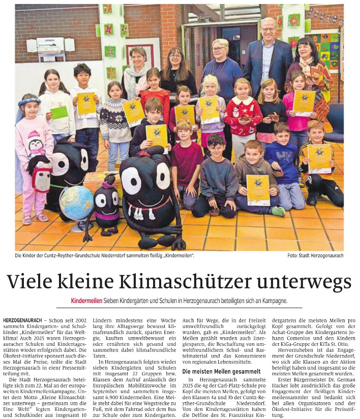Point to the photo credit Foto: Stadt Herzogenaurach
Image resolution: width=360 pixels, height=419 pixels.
tap(315, 255)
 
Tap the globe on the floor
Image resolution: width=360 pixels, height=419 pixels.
tap(76, 203)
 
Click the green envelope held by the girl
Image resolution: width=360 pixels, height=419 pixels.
tap(59, 112)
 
